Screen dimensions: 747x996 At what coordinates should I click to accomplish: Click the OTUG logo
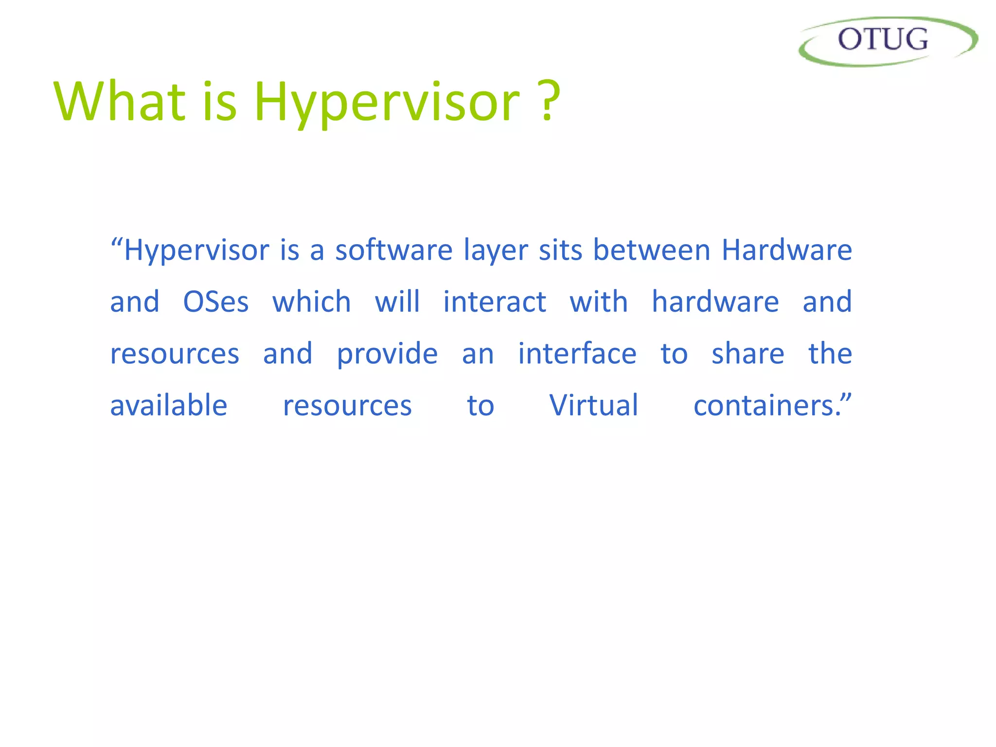pos(887,41)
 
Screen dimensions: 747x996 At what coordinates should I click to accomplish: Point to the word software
pos(394,250)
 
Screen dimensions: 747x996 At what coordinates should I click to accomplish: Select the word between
pos(652,250)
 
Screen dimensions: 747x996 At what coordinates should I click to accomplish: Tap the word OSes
pos(216,302)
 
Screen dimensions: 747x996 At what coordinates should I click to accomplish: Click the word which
pos(311,302)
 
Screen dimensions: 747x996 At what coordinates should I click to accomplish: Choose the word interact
pos(495,302)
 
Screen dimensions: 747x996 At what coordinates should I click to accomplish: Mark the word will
pos(397,302)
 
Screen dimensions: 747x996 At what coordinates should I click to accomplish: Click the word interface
pos(577,354)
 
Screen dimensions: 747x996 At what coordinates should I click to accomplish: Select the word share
pos(748,354)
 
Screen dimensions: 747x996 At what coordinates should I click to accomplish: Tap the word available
pos(169,406)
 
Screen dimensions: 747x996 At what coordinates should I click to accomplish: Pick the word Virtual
pos(594,406)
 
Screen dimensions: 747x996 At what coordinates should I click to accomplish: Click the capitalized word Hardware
pos(786,250)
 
